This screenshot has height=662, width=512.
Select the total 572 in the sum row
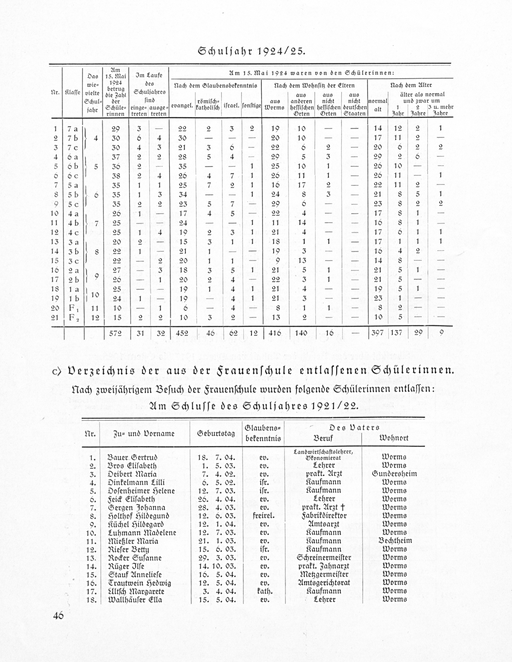tap(116, 333)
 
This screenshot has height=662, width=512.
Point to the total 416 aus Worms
tap(275, 333)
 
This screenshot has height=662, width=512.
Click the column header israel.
tap(232, 106)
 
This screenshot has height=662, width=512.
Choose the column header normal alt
tap(378, 105)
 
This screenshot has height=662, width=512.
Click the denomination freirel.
tap(263, 516)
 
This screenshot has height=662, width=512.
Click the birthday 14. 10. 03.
tap(217, 566)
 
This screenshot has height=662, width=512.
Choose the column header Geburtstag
tap(216, 433)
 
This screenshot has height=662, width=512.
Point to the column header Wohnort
tap(394, 438)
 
